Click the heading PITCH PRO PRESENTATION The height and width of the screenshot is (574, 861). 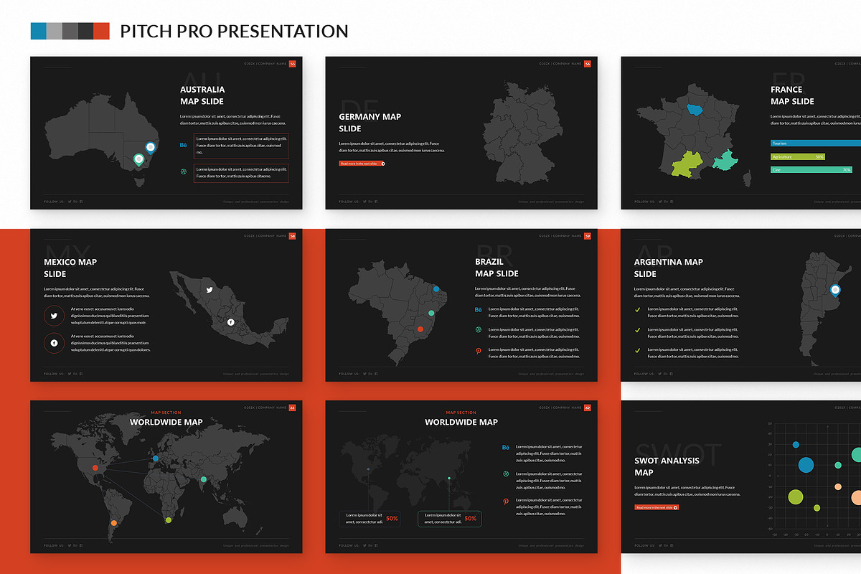coord(234,32)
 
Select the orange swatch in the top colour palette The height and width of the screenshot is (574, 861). coord(101,31)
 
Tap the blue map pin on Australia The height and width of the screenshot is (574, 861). coord(150,147)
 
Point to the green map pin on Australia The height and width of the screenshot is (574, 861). coord(138,159)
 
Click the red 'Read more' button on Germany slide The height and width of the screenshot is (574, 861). coord(362,164)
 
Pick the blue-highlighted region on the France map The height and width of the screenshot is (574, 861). coord(695,110)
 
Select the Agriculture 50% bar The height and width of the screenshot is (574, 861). coord(798,156)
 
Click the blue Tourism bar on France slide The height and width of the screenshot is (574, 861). coord(815,143)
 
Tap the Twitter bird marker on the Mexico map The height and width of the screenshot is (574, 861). coord(210,291)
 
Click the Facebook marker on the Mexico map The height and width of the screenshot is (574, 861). coord(230,322)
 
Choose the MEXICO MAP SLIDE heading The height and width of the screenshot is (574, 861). coord(70,268)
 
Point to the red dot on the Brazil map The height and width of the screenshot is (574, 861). coord(420,330)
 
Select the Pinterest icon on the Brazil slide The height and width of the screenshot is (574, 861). coord(479,350)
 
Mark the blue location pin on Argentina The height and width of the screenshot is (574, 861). coord(834,290)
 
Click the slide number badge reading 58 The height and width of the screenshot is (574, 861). coord(292,236)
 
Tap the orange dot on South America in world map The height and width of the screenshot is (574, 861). coord(113,523)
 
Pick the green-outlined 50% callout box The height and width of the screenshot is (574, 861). coord(449,519)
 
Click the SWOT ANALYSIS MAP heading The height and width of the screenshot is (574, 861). coord(667,466)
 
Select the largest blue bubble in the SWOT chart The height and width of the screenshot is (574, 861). coord(806,465)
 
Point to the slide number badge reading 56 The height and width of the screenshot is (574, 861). coord(588,64)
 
